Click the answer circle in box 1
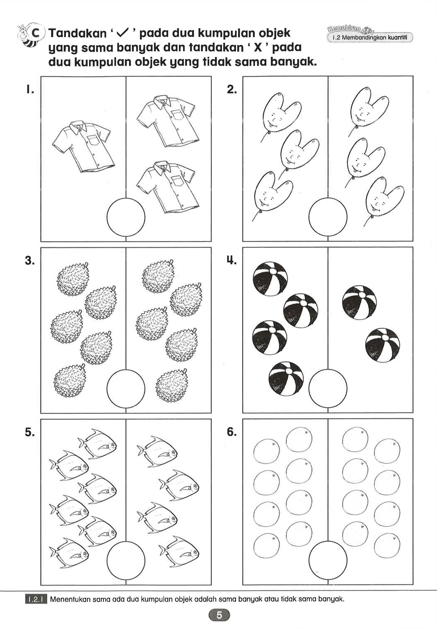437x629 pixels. click(126, 217)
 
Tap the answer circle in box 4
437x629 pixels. click(328, 388)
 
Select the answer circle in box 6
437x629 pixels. click(328, 560)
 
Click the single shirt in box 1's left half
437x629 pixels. click(83, 146)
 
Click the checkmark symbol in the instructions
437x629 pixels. click(122, 33)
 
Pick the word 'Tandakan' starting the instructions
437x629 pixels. click(78, 33)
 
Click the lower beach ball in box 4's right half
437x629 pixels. click(383, 345)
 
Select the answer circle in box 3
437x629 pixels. click(126, 388)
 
